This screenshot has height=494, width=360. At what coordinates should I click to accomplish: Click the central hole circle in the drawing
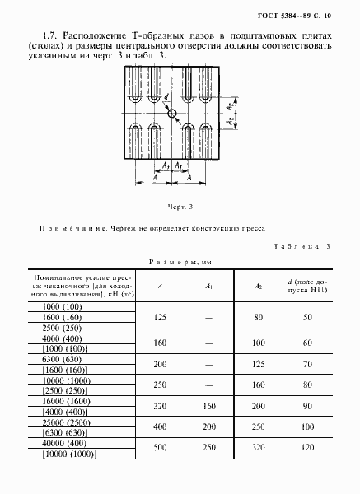[x=172, y=113]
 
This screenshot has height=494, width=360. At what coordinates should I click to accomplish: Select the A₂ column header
[x=259, y=286]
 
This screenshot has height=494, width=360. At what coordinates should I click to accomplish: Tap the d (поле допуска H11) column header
[x=308, y=286]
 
